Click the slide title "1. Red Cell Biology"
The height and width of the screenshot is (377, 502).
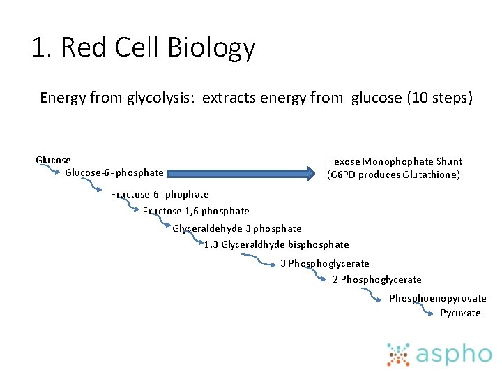tap(143, 48)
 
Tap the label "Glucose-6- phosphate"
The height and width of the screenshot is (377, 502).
tap(114, 172)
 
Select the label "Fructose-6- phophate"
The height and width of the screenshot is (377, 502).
tap(160, 194)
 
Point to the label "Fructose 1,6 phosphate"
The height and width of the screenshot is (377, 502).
tap(196, 211)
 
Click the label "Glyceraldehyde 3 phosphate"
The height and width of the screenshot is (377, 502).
tap(237, 228)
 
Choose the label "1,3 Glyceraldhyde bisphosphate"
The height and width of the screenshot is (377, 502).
tap(276, 244)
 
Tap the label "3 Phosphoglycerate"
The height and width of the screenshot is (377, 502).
tap(325, 263)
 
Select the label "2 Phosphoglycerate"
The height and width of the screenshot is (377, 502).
tap(377, 279)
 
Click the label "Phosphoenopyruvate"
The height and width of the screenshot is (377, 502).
tap(438, 298)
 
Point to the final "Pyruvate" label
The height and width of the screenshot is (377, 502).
tap(460, 313)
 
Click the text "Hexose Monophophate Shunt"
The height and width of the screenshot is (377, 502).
tap(395, 161)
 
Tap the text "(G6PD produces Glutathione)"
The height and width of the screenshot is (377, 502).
tap(393, 175)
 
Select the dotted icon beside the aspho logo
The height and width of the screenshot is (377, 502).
tap(399, 354)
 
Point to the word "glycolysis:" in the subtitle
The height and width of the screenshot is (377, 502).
tap(162, 98)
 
